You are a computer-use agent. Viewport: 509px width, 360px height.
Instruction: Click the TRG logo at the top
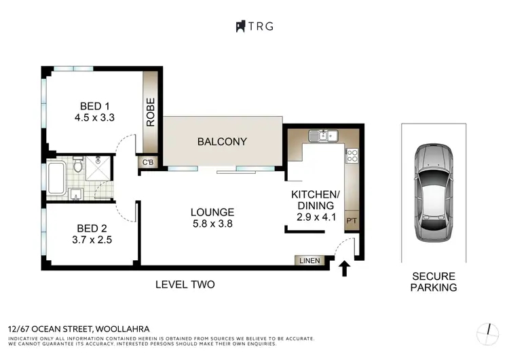(254, 26)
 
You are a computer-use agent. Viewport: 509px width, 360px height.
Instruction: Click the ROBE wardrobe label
(150, 112)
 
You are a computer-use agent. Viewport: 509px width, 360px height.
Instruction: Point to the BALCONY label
(222, 142)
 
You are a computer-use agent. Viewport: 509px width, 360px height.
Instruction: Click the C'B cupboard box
(147, 162)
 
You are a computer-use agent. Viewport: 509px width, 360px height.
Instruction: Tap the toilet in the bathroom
(78, 165)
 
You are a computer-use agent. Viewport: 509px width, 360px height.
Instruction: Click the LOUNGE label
(212, 212)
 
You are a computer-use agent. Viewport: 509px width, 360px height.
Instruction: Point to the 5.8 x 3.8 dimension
(212, 223)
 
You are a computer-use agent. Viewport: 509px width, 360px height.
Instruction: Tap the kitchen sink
(323, 135)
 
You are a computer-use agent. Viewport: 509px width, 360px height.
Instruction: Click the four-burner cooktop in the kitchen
(352, 156)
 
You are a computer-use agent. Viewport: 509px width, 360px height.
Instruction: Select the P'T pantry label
(352, 221)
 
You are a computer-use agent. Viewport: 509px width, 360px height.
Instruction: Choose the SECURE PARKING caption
(434, 282)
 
